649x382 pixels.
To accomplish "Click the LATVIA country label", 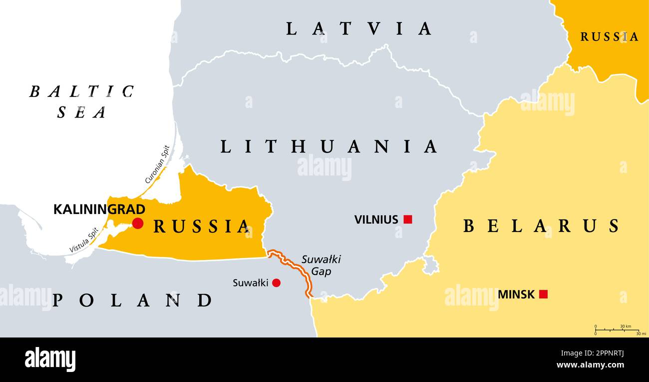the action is coord(358,28).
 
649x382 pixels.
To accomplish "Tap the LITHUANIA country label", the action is coord(329,146).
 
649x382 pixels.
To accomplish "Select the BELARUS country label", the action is coord(541,226).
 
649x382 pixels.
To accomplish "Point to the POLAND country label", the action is coord(132,300).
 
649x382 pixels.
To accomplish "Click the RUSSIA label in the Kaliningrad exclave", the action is coord(201,226).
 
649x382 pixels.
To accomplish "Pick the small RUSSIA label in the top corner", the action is coord(609,36).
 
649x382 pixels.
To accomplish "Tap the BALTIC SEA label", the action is coord(81,101).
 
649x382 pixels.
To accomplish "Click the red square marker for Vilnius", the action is coord(408,219).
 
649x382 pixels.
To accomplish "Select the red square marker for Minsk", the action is coord(543,294).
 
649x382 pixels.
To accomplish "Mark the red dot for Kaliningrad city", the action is coord(137,223).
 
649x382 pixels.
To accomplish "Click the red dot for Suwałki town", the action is coord(276,283).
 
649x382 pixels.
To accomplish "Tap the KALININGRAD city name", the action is coord(99,209).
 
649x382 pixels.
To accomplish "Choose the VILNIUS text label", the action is coord(376,219).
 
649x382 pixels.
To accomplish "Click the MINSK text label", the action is coord(516,294).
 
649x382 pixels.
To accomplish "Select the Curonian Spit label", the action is coord(158,164).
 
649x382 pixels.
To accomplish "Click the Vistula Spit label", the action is coord(83,240).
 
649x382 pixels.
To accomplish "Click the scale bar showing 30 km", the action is coord(617,330).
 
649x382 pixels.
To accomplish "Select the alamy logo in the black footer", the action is coord(50,359).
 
